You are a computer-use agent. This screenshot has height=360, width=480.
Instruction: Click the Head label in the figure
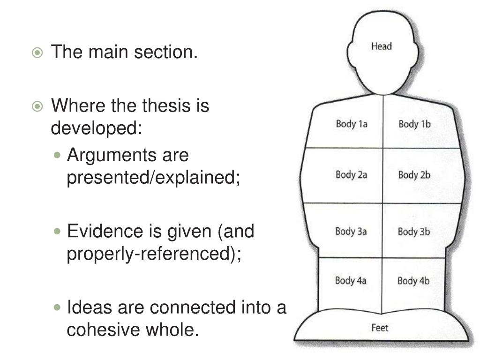(381, 46)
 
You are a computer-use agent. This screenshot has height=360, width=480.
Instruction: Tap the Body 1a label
(351, 124)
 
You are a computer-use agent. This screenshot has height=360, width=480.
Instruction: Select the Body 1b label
(414, 124)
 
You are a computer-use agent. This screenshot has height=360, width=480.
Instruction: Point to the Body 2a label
(351, 175)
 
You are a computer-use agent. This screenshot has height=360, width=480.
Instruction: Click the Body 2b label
(414, 175)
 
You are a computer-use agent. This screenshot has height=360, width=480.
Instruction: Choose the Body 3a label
(351, 231)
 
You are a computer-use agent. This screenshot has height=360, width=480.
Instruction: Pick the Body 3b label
(414, 231)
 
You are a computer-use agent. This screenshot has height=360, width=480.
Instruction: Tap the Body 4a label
(350, 281)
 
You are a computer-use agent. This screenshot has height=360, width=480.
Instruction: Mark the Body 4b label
(413, 281)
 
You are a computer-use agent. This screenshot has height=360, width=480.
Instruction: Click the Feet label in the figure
(380, 328)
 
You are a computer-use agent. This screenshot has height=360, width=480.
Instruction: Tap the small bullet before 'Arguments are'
(58, 155)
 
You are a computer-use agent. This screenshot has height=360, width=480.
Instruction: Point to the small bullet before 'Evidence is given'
(58, 232)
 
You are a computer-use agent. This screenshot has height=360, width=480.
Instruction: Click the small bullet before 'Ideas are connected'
(58, 308)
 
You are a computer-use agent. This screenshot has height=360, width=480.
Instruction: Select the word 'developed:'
(96, 127)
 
